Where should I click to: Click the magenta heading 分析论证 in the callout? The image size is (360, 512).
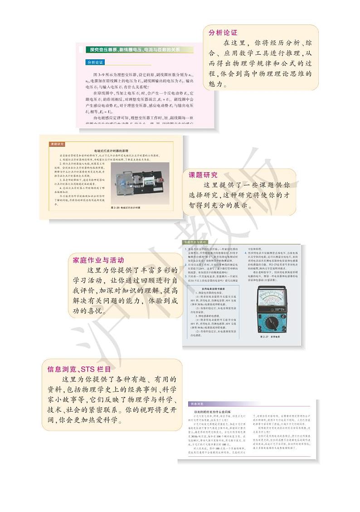tap(223, 33)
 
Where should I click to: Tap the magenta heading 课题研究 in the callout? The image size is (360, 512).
tap(203, 175)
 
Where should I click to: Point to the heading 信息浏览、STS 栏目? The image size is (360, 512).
tap(79, 369)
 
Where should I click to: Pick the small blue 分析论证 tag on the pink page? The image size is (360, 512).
tap(95, 62)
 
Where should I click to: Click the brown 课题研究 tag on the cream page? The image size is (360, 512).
tap(57, 144)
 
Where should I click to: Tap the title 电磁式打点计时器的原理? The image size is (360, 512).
tap(110, 150)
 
